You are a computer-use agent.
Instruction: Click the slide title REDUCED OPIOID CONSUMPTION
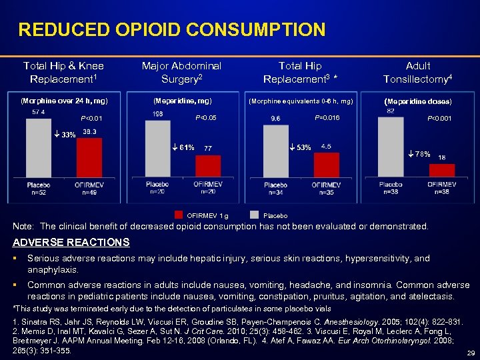[x=172, y=30]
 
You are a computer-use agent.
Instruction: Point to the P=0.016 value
[x=327, y=118]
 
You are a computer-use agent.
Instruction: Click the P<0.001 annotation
[x=441, y=119]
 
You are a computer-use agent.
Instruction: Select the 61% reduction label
[x=183, y=147]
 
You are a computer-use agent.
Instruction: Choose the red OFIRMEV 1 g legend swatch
[x=179, y=215]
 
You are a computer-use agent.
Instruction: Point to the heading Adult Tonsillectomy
[x=418, y=72]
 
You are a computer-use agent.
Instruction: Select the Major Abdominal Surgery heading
[x=181, y=72]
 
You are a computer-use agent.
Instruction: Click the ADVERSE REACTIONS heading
[x=71, y=242]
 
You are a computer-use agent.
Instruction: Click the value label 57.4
[x=39, y=112]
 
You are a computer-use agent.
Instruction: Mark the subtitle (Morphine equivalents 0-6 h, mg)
[x=300, y=101]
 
